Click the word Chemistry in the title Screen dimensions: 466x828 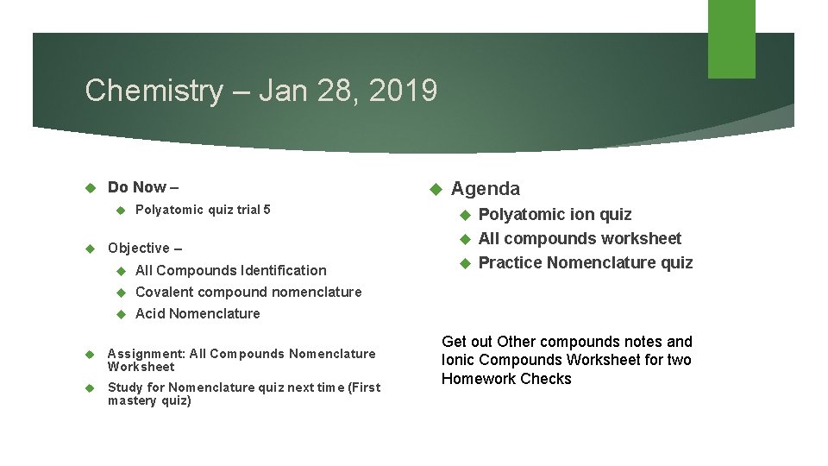(x=153, y=91)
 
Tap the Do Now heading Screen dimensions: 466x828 (x=142, y=187)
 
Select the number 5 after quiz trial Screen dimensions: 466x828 (x=267, y=210)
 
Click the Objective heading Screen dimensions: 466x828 (x=144, y=249)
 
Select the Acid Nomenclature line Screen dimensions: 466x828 (x=198, y=314)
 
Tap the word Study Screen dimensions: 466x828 (x=125, y=387)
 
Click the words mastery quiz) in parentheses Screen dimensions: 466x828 (x=149, y=401)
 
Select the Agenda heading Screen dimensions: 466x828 (x=486, y=189)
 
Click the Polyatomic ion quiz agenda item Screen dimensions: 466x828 (x=555, y=215)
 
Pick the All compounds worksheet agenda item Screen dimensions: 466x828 (x=580, y=239)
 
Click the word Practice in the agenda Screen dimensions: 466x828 (x=509, y=263)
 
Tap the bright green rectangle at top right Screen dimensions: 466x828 (x=731, y=39)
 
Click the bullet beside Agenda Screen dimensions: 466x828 (x=436, y=189)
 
